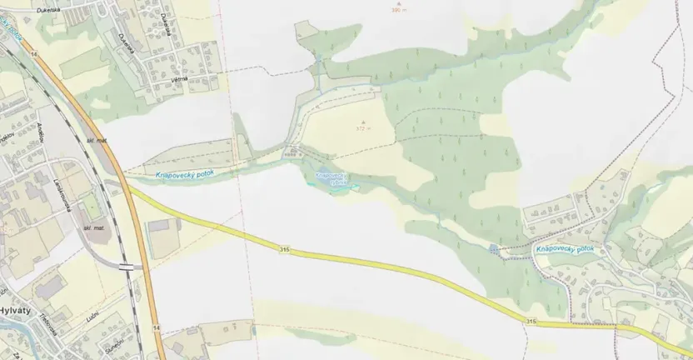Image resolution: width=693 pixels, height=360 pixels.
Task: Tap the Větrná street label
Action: pos(178,78)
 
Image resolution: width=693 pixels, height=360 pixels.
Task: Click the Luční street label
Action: pos(93,317)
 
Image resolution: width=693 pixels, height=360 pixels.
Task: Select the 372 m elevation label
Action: pos(361,129)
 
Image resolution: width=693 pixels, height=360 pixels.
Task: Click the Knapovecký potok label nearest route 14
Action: pos(185,174)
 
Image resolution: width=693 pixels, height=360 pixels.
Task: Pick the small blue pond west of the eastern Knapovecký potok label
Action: pos(495,249)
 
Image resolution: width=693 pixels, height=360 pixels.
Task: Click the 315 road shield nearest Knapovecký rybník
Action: pos(285,250)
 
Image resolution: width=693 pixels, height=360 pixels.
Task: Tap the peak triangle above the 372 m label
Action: pos(361,122)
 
